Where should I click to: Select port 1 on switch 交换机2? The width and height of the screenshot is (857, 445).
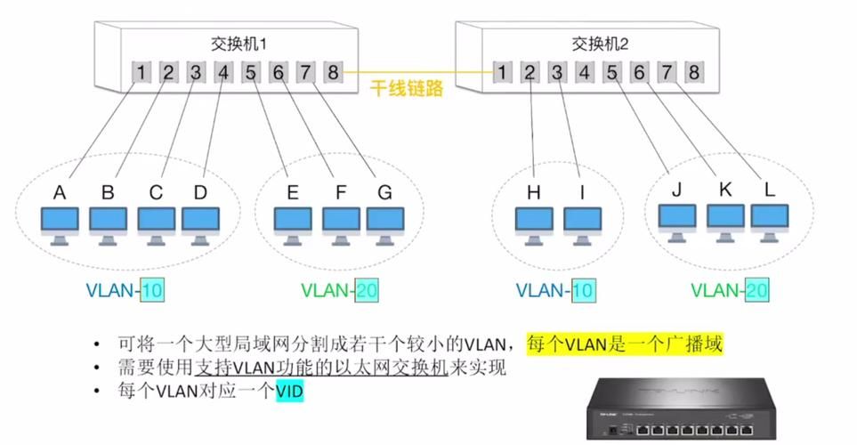504,72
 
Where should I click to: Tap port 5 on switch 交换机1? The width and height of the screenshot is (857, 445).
251,71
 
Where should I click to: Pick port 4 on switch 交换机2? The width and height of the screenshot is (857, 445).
585,72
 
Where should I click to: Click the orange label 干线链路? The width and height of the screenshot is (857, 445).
407,90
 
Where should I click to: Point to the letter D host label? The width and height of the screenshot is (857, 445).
199,192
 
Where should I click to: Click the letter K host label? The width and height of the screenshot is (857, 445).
725,189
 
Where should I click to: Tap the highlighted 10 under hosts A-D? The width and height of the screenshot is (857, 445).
152,289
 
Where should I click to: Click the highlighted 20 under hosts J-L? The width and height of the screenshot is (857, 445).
756,289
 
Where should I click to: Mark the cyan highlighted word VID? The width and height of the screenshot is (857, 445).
289,390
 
